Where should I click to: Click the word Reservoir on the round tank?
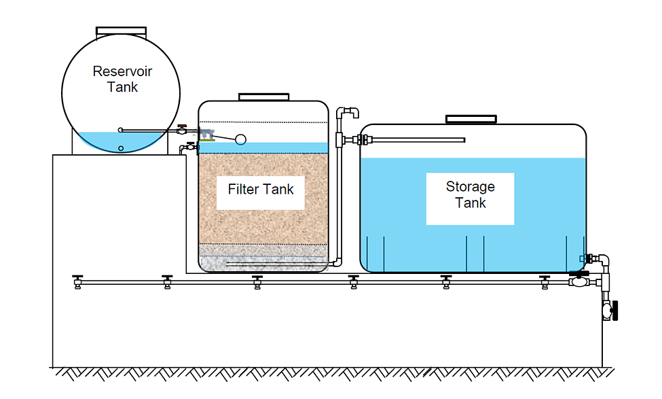click(x=122, y=71)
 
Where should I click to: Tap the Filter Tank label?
click(x=261, y=190)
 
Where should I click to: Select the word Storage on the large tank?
click(x=471, y=186)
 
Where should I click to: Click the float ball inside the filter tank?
click(x=240, y=139)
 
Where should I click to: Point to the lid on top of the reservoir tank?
click(x=121, y=31)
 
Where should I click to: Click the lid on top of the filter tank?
click(x=264, y=97)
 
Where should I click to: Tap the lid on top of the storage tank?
click(x=471, y=119)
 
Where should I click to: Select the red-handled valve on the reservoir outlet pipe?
click(x=182, y=129)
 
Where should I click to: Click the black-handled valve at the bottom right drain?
click(x=610, y=311)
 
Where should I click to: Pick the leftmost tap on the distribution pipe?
click(x=77, y=282)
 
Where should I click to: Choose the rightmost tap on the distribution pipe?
click(x=545, y=282)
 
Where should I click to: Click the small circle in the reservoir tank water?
click(x=121, y=148)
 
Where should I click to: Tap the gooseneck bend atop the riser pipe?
click(x=348, y=112)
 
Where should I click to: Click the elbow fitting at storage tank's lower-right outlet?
click(x=603, y=259)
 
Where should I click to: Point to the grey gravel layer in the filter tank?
click(x=263, y=258)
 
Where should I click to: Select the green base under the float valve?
click(x=207, y=139)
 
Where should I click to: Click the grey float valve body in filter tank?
click(x=206, y=133)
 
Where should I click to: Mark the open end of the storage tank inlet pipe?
click(x=464, y=140)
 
